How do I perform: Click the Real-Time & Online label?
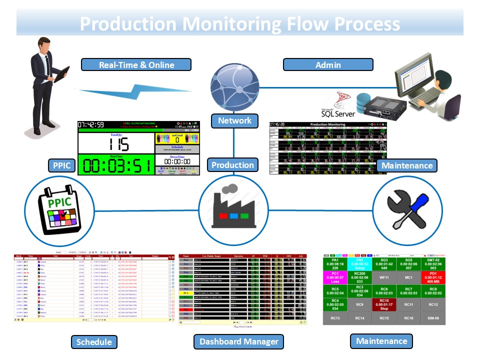point(136,64)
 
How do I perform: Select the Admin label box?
point(328,64)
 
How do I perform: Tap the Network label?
point(234,120)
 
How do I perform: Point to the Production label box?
point(232,165)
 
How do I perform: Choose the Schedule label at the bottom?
point(94,342)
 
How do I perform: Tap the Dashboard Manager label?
point(238,342)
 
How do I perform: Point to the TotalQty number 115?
point(115,144)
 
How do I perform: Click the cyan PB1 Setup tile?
point(360,264)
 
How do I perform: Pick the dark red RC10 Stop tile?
point(384,304)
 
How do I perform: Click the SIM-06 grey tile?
point(433,317)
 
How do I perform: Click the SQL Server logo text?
point(337,113)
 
